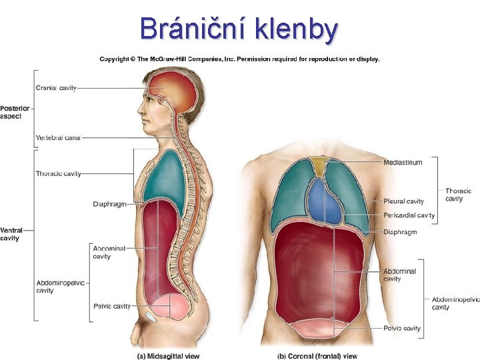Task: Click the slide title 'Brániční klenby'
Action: [x=239, y=29]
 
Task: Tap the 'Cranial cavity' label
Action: [x=56, y=88]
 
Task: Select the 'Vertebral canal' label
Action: [x=58, y=138]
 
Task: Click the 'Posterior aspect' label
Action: [x=11, y=112]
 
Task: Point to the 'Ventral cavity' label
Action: [x=10, y=234]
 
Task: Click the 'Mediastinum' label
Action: [x=403, y=163]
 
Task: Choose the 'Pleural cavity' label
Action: [x=403, y=201]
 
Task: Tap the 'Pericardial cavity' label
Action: [x=409, y=215]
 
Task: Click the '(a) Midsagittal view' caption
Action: [x=168, y=356]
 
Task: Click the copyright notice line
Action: [x=239, y=59]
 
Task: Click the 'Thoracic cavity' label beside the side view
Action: [x=59, y=174]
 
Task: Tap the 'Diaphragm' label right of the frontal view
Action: [x=400, y=232]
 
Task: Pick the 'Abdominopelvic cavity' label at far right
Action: [x=455, y=303]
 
